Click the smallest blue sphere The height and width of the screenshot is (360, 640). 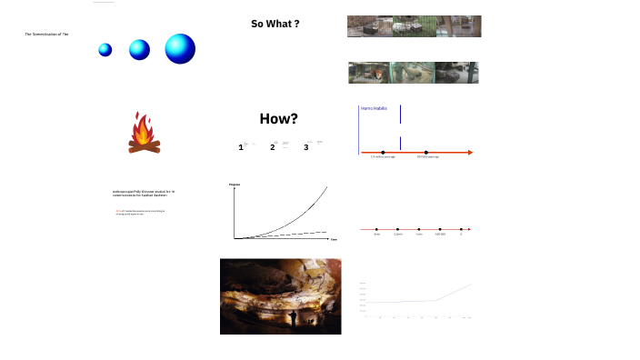click(105, 50)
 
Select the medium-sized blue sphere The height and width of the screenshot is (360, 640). click(139, 50)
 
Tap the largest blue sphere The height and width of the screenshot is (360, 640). click(180, 48)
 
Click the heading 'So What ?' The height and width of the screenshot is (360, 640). click(275, 24)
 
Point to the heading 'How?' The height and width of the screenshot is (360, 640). click(279, 118)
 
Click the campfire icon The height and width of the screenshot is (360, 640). click(144, 133)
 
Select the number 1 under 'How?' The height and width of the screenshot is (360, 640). click(241, 147)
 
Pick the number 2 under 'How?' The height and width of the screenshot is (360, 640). click(272, 147)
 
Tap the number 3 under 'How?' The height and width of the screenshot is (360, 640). click(306, 147)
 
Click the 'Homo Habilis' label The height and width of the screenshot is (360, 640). click(374, 108)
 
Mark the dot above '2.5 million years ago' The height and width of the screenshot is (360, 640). click(383, 152)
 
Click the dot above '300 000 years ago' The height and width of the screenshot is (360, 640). click(426, 152)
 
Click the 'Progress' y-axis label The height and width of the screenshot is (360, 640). click(235, 185)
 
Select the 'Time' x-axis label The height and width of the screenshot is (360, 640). click(334, 239)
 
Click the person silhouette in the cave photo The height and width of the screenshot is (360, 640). click(293, 319)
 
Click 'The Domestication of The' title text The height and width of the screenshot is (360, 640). click(46, 34)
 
